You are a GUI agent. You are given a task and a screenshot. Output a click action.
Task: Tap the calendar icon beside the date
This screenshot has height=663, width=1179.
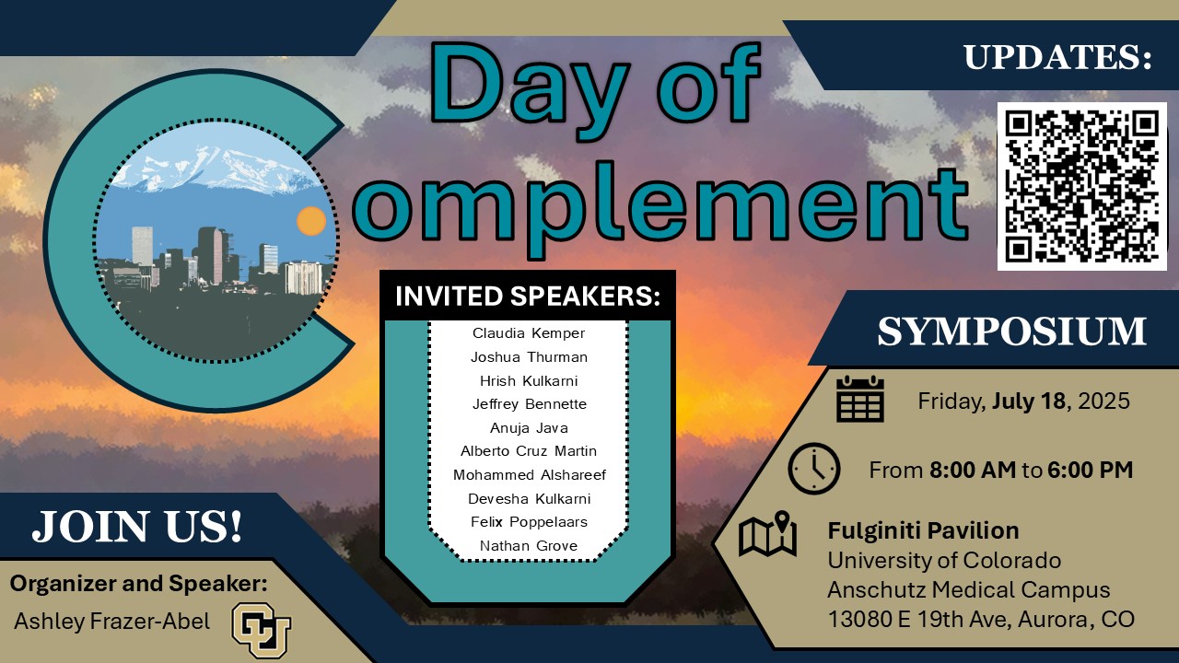tap(860, 399)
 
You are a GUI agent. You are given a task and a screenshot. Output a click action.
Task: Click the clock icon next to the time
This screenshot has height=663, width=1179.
tap(814, 469)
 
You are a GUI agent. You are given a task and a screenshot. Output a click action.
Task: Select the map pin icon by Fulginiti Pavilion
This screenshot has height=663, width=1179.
tap(768, 535)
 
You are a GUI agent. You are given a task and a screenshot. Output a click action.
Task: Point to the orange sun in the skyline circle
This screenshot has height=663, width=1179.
tap(311, 221)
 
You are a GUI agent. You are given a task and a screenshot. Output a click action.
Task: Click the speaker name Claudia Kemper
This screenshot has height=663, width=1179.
tap(529, 332)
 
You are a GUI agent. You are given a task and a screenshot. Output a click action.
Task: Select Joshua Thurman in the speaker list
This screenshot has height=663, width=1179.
tap(529, 356)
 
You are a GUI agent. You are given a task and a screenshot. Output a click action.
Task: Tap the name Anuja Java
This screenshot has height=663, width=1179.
tap(529, 427)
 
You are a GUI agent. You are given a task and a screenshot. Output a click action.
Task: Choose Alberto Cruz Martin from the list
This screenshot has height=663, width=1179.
tap(529, 451)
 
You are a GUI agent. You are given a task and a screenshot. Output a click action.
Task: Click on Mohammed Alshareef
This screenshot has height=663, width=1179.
tap(529, 475)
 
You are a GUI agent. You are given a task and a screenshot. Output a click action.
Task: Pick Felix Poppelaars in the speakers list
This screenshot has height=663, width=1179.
tap(529, 522)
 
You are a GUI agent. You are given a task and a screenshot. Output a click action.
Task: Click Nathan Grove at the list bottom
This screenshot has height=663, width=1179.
tap(529, 546)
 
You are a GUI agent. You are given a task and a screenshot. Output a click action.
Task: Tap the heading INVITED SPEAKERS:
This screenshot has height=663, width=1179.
tap(529, 297)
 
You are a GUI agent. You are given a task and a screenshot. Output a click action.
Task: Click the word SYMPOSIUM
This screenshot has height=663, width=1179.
tap(1011, 331)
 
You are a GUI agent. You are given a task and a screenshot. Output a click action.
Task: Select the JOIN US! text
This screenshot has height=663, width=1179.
tap(138, 527)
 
